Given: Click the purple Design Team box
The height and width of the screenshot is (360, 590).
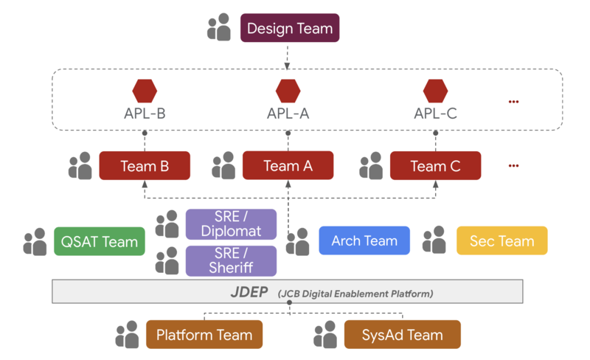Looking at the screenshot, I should (x=290, y=29).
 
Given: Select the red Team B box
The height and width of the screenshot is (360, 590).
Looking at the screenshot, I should (x=145, y=166).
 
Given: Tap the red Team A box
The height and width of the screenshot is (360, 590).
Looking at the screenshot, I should (x=288, y=166).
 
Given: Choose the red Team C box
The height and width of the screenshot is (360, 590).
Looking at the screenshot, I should (x=435, y=166).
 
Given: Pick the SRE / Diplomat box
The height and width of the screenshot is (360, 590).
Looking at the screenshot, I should (x=231, y=224).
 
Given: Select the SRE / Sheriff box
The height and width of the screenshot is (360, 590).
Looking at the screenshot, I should (x=231, y=260).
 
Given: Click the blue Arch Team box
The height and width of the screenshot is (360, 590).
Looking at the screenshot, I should (x=364, y=240).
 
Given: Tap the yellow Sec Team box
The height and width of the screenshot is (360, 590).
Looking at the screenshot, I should (x=502, y=240).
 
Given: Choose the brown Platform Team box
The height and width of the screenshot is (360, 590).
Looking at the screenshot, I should (x=204, y=335).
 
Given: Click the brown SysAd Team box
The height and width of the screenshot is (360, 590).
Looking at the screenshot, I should (x=402, y=335).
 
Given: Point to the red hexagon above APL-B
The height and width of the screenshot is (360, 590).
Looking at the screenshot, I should (x=145, y=91).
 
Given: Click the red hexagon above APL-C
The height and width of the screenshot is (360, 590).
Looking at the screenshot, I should (x=436, y=91).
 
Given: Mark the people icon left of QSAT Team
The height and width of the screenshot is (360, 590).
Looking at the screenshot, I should (x=35, y=241).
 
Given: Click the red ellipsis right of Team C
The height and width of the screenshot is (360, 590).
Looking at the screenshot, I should (x=514, y=166).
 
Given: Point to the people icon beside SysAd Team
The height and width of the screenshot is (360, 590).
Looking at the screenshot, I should (x=325, y=334).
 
